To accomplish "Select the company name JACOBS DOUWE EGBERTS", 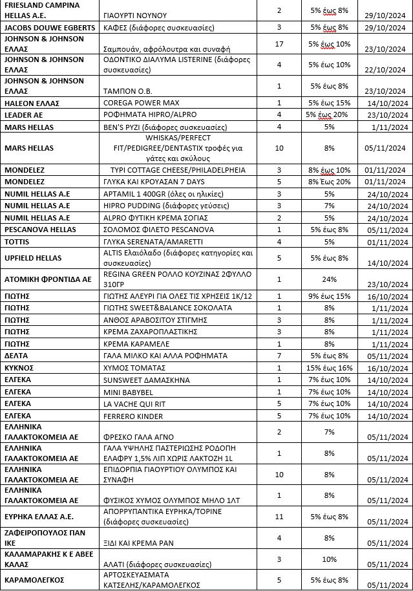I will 49,28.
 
